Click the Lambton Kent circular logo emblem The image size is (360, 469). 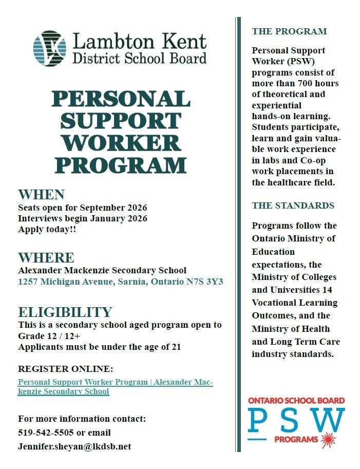tap(49, 48)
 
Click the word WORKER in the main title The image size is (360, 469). tap(121, 143)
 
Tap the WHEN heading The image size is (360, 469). tap(41, 195)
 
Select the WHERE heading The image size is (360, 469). tap(46, 257)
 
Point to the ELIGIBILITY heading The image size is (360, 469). tap(65, 312)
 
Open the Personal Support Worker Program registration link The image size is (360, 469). tap(115, 387)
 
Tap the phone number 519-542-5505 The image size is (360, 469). tap(46, 433)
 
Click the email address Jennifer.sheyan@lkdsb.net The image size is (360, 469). tap(74, 446)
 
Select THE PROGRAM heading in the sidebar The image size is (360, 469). tap(289, 31)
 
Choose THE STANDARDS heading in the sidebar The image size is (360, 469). tap(293, 205)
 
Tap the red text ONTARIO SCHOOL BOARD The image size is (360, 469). tap(296, 401)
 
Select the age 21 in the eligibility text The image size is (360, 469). tap(176, 347)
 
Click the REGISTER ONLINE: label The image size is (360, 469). tap(65, 369)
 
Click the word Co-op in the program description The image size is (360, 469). tap(322, 160)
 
